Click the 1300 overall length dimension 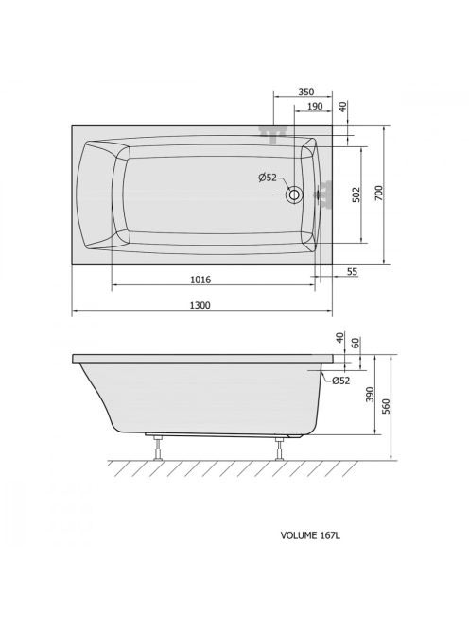click(200, 306)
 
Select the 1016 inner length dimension click(200, 280)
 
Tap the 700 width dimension click(379, 194)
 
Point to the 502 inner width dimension click(356, 195)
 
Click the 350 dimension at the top click(306, 92)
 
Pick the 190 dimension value click(315, 107)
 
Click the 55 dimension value click(352, 272)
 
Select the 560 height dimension click(386, 407)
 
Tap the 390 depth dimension click(370, 395)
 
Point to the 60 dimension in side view click(356, 343)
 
